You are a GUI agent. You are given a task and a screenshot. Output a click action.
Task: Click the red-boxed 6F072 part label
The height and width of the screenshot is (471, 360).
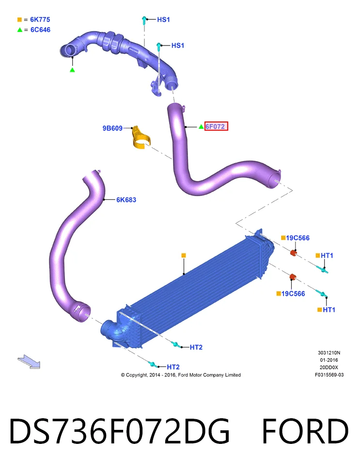point(216,126)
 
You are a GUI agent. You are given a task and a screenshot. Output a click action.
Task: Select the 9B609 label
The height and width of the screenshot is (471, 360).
point(112,128)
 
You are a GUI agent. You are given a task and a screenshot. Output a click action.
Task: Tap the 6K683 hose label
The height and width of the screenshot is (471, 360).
point(126,200)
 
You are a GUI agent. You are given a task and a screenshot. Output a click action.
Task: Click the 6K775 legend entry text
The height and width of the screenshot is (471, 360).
point(40,19)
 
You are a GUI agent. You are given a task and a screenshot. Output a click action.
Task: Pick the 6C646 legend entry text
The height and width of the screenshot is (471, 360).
point(40,30)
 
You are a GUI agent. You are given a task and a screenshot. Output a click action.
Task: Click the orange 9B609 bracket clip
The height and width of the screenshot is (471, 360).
point(141,138)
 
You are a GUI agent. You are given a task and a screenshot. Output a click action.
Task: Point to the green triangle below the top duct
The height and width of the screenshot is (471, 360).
point(72,70)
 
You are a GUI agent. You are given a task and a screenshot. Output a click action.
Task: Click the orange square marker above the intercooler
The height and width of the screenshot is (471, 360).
point(184,255)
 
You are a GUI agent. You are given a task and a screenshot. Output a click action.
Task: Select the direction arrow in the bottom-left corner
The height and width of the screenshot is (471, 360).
point(29,362)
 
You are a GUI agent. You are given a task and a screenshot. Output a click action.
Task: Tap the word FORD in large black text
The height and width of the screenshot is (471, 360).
point(305,431)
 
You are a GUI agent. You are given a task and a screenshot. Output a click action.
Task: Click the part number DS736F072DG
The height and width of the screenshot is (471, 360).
point(119,431)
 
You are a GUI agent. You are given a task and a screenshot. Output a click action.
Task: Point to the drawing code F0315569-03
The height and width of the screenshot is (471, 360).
point(329,375)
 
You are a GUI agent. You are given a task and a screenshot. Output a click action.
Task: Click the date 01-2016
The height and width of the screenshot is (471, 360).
point(329,360)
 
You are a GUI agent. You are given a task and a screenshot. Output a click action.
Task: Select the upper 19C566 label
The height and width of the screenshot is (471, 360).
point(297,238)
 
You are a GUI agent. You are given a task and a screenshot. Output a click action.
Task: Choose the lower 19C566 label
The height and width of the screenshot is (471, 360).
point(293,294)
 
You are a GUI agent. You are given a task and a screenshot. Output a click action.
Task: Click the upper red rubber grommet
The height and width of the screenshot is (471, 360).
point(294,253)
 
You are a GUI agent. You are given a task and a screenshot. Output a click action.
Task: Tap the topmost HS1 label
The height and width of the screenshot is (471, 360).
point(163,19)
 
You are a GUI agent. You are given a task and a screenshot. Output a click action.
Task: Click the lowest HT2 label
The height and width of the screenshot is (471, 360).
point(173,367)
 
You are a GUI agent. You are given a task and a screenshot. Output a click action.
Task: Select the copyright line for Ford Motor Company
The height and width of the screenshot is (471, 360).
point(181,375)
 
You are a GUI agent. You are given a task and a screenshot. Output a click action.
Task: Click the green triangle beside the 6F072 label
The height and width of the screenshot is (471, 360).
point(201,127)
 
